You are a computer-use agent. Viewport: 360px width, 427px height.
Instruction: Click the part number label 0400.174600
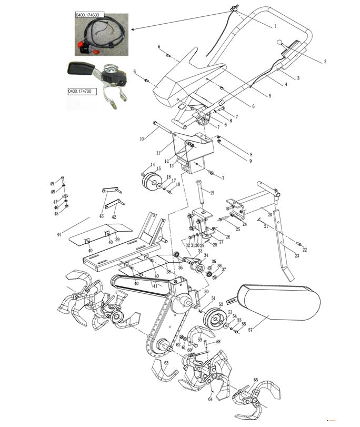[x=89, y=16]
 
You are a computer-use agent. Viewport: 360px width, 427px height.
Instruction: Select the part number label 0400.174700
[x=80, y=91]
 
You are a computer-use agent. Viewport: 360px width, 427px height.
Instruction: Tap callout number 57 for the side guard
[x=251, y=331]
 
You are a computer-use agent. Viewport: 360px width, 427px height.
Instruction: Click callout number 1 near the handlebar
[x=275, y=25]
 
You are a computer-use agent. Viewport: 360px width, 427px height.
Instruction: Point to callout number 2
[x=325, y=62]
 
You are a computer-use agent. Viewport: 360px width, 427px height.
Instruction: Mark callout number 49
[x=52, y=183]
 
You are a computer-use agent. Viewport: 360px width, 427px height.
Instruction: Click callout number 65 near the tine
[x=255, y=380]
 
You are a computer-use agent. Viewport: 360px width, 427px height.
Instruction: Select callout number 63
[x=166, y=363]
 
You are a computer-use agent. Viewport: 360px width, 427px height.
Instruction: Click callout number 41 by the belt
[x=155, y=286]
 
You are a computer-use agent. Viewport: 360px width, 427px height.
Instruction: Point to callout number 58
[x=218, y=342]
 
